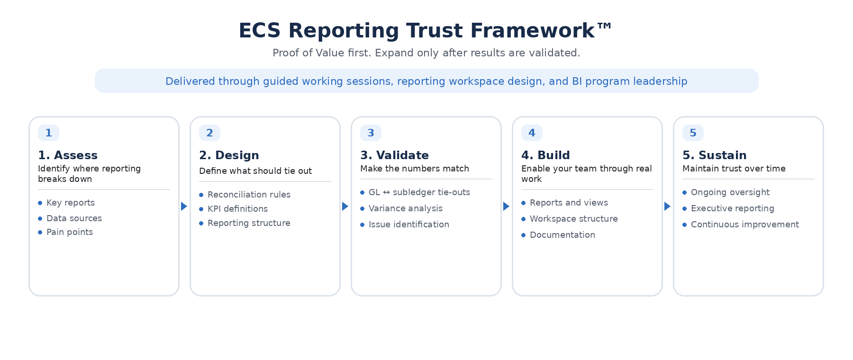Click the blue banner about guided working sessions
point(426,81)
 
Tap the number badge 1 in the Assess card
point(48,133)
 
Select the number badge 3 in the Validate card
point(371,133)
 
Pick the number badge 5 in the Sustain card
point(693,133)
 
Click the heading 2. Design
point(229,155)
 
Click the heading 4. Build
point(545,155)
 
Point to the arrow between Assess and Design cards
point(184,207)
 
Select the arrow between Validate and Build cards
point(506,207)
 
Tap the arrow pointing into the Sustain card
point(667,207)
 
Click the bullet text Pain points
point(69,232)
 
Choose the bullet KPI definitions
point(237,209)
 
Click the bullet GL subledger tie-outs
point(419,192)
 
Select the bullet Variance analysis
point(405,208)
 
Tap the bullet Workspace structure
point(573,219)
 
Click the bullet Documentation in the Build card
point(562,235)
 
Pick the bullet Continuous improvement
point(744,225)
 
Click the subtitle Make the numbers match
point(414,169)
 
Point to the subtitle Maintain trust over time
point(734,169)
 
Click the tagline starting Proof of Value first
point(426,53)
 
